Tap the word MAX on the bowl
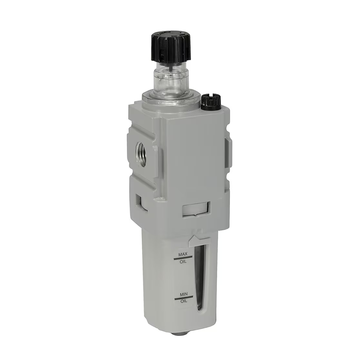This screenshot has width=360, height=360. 183,254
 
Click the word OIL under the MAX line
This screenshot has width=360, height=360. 183,262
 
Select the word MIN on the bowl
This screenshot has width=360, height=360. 184,294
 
